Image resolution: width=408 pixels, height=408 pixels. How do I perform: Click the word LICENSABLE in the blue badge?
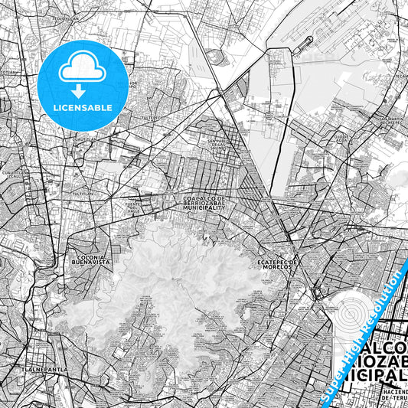coord(83,108)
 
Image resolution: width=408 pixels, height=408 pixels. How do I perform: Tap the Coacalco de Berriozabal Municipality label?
coord(204,203)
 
